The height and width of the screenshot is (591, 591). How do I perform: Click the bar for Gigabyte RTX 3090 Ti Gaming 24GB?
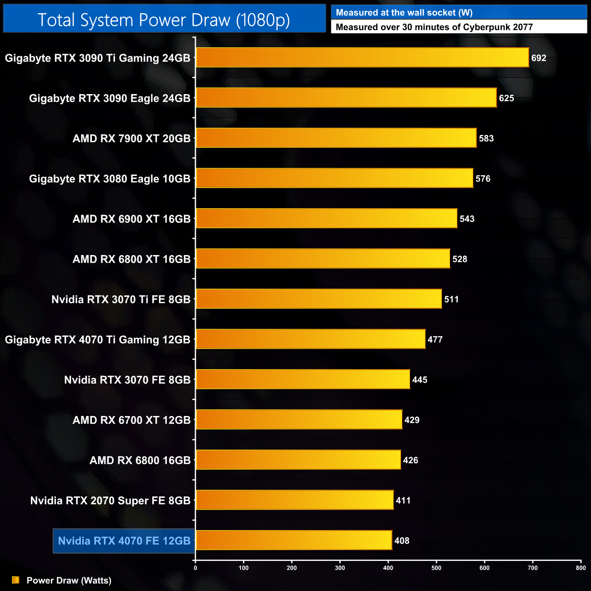(362, 58)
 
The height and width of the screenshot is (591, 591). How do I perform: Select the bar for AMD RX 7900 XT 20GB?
(336, 138)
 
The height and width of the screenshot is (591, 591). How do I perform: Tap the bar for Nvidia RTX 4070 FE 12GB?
(294, 541)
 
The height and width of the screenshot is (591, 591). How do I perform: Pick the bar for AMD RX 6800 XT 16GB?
(323, 259)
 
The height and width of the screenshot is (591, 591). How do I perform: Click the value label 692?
(539, 58)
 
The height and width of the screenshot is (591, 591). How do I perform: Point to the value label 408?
(402, 541)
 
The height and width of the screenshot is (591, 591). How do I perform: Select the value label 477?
(435, 340)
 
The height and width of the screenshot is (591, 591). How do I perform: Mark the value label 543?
(467, 219)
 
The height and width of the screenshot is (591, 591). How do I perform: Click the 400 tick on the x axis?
(388, 568)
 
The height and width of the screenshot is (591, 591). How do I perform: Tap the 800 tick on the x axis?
(581, 568)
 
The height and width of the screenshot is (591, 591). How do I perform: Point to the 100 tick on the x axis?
(244, 568)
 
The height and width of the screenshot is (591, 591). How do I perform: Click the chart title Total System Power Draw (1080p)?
(164, 20)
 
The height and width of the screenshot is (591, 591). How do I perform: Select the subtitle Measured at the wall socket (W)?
(404, 13)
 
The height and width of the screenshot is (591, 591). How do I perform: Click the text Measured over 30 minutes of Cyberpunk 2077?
(434, 27)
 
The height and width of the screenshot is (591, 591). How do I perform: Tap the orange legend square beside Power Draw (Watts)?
(15, 580)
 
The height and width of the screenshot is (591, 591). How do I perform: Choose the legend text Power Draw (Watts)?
(69, 581)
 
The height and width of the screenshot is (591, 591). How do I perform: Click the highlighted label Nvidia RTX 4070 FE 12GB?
(124, 541)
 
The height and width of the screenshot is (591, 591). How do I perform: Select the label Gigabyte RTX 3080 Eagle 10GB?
(110, 179)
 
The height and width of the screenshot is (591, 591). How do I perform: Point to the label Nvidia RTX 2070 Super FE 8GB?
(110, 501)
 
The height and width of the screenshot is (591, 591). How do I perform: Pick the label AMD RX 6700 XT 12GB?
(131, 420)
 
